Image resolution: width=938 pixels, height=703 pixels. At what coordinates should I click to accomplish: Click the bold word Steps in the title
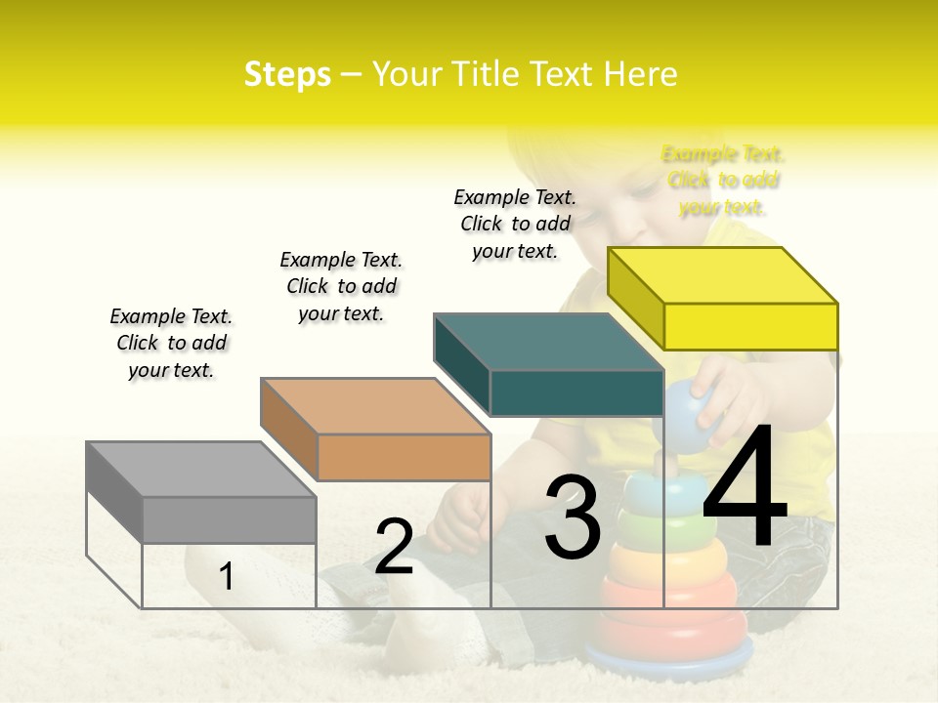(287, 74)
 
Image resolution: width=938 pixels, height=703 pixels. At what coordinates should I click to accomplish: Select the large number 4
(745, 488)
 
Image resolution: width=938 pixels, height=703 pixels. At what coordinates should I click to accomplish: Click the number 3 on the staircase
(573, 517)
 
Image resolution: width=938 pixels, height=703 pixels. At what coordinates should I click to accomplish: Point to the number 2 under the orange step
(394, 548)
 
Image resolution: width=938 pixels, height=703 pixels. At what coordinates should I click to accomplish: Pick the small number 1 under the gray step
(227, 576)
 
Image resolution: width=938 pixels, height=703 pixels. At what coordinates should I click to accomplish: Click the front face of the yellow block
(750, 326)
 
